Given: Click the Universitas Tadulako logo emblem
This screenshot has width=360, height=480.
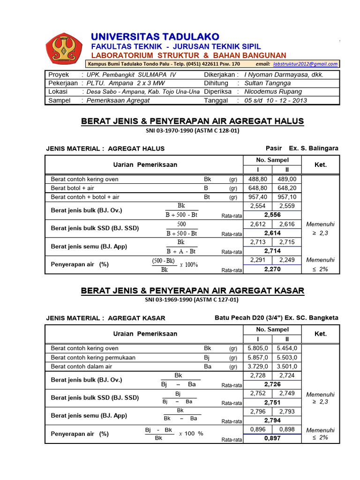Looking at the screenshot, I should click(64, 49).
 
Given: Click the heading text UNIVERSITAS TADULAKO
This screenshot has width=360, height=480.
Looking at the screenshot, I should click(155, 37).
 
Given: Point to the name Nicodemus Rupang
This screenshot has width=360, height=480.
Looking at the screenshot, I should click(273, 91).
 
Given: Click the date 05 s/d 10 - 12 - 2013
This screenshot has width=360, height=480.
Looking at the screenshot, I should click(276, 100).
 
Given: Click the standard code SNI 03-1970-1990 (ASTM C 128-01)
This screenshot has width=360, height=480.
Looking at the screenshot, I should click(193, 131).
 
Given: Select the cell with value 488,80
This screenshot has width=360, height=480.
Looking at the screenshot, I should click(257, 179).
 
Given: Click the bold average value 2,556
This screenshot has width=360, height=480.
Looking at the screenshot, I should click(272, 214).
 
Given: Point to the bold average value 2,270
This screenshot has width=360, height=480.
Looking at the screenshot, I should click(272, 269).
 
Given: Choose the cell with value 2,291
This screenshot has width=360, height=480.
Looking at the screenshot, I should click(257, 260).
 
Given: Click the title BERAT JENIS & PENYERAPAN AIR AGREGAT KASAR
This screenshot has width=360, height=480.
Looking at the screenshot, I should click(193, 291).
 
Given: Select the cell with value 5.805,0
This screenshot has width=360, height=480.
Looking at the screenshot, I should click(257, 348).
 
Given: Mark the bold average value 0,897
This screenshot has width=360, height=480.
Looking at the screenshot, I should click(272, 438).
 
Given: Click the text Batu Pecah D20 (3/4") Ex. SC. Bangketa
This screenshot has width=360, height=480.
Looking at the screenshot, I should click(276, 317).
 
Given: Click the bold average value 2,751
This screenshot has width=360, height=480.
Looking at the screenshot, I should click(272, 402).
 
